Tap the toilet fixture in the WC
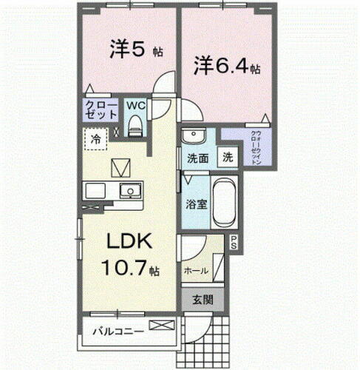coord(134,127)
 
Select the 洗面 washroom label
coord(196,158)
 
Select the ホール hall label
coord(195,271)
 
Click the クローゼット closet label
coord(101,110)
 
